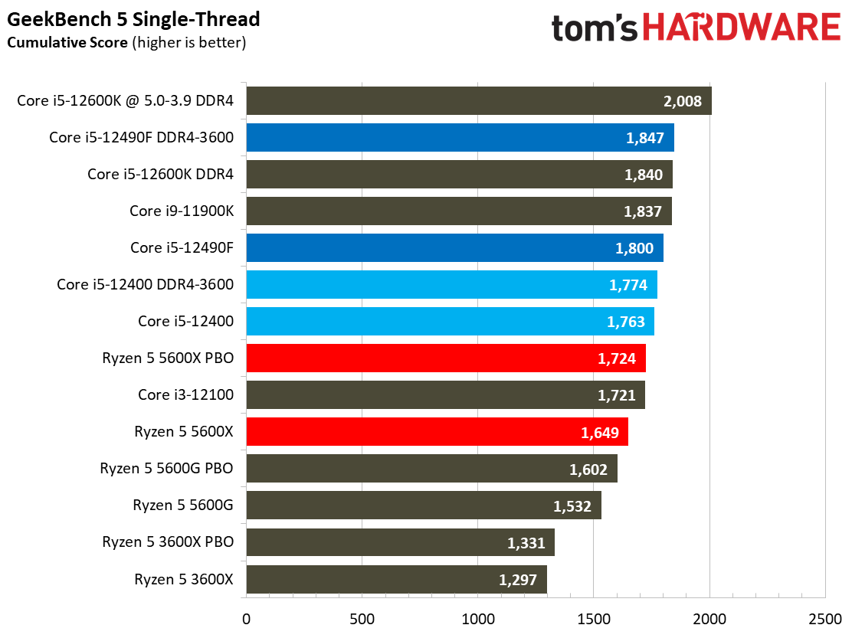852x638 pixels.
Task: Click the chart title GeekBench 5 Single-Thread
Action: (x=133, y=18)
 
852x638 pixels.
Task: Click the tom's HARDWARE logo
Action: (x=696, y=28)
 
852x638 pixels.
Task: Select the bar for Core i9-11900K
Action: (x=458, y=211)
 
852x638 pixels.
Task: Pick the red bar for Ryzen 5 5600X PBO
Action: (x=445, y=358)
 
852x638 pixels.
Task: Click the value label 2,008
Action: (x=683, y=101)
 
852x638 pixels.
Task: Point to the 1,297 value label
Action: (x=518, y=579)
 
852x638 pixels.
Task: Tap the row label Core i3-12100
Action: (x=185, y=395)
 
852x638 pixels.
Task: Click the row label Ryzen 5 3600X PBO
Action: (x=168, y=542)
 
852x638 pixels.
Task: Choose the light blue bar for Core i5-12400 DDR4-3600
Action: (x=451, y=285)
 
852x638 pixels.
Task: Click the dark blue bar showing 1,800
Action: (x=454, y=248)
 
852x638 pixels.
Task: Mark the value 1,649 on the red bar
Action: (x=600, y=432)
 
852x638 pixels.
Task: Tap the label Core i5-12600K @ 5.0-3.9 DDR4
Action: (x=125, y=101)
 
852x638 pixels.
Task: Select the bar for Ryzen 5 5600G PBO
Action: (x=431, y=469)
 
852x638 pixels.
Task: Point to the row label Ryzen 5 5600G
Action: (x=183, y=505)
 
